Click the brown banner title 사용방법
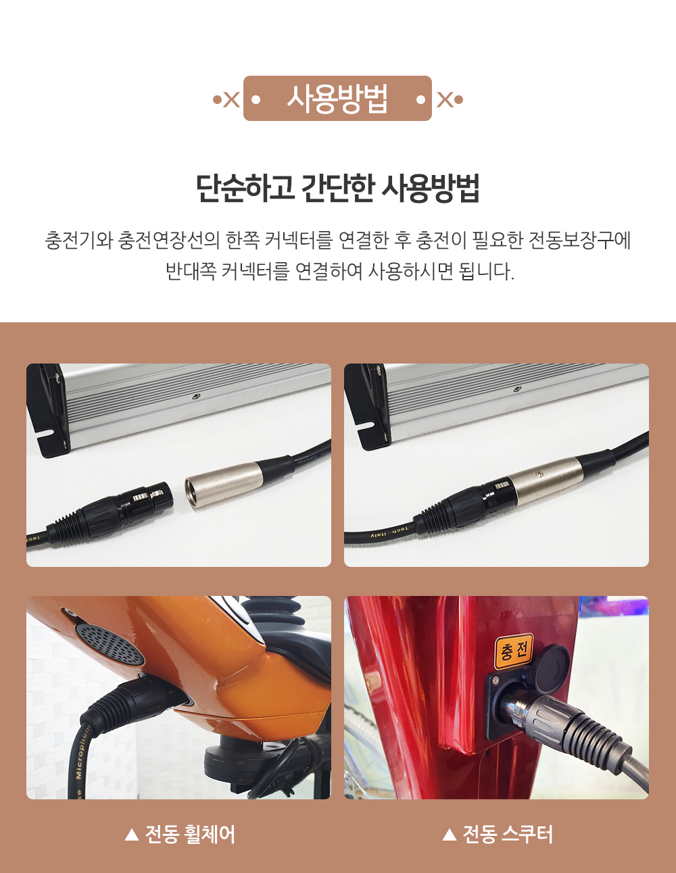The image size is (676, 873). pyautogui.click(x=337, y=99)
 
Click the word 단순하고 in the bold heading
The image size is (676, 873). pyautogui.click(x=245, y=188)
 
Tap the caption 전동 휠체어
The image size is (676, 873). pyautogui.click(x=190, y=834)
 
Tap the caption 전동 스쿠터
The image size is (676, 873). pyautogui.click(x=508, y=834)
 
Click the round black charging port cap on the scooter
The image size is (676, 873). pyautogui.click(x=550, y=662)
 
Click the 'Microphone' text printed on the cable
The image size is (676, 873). pyautogui.click(x=83, y=751)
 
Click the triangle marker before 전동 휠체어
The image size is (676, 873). pyautogui.click(x=131, y=835)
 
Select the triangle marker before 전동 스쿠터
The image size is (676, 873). pyautogui.click(x=450, y=835)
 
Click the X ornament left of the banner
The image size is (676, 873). pyautogui.click(x=231, y=99)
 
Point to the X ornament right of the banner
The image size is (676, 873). pyautogui.click(x=445, y=99)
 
